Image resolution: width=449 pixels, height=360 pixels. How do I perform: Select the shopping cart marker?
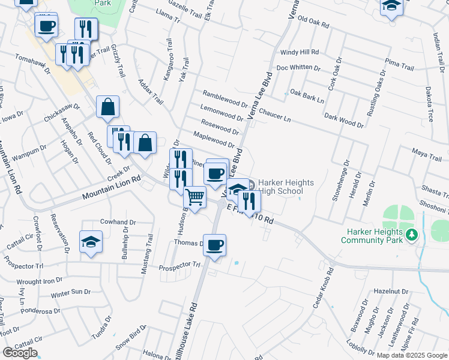coord(195,197)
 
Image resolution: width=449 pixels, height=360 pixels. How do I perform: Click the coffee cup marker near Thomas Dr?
coord(214,245)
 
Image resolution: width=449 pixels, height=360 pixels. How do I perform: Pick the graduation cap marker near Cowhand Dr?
coord(91,242)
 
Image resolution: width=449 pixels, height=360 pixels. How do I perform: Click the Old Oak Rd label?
coord(314,23)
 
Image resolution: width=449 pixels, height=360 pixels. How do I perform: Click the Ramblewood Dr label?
coord(225,99)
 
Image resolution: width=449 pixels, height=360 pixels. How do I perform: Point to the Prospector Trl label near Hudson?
coord(179,265)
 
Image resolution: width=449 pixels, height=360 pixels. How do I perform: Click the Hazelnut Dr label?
coord(390,291)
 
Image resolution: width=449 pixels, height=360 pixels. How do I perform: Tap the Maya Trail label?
coord(426,155)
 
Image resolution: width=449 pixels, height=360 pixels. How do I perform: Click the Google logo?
coord(20,353)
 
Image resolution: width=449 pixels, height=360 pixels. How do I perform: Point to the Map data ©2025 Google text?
coord(411,355)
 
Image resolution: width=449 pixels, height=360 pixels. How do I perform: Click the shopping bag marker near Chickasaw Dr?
coord(107,107)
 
